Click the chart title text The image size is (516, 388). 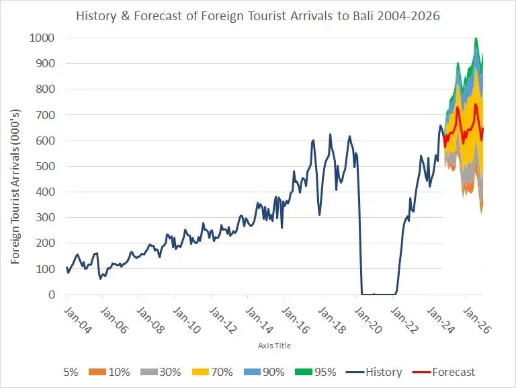click(258, 16)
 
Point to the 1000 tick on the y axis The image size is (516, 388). click(42, 38)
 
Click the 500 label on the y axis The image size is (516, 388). click(45, 166)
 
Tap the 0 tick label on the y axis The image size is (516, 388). click(52, 295)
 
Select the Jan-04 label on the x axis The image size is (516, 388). click(77, 320)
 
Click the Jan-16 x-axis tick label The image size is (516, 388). click(295, 320)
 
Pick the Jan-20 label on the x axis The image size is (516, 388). click(368, 320)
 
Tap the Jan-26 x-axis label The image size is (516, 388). click(476, 320)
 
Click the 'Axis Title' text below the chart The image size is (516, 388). click(274, 346)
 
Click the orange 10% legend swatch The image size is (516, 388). click(97, 372)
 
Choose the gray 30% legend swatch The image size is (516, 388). click(149, 372)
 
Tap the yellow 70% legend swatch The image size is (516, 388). click(200, 372)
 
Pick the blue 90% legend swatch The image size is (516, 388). click(253, 372)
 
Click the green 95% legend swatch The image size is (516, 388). click(304, 372)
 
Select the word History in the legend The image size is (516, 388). click(384, 372)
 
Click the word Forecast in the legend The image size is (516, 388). click(454, 372)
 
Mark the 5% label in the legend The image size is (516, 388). click(71, 372)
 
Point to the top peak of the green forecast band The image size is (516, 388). click(476, 38)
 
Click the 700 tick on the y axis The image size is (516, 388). click(45, 114)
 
